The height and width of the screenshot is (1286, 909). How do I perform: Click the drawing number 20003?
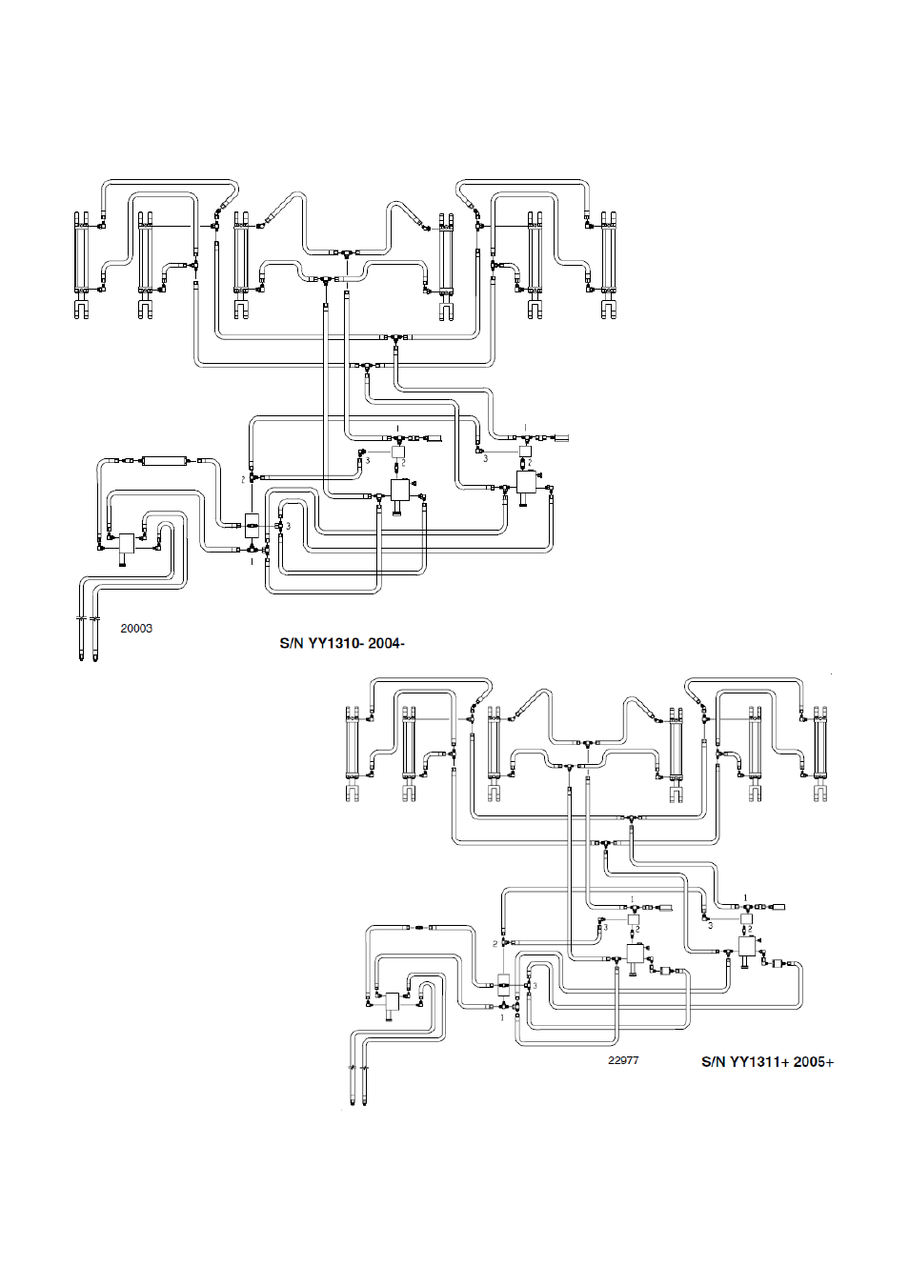(x=136, y=629)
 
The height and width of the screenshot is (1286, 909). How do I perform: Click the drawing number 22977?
(x=623, y=1060)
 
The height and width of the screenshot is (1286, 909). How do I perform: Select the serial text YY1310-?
(x=335, y=644)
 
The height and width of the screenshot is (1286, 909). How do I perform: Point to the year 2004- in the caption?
(x=386, y=644)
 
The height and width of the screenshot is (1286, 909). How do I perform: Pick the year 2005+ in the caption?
(x=814, y=1062)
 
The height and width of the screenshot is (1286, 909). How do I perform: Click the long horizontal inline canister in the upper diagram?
(x=165, y=460)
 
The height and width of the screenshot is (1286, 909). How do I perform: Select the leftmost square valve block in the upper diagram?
(x=127, y=542)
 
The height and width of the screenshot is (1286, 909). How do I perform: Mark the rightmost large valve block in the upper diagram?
(x=526, y=482)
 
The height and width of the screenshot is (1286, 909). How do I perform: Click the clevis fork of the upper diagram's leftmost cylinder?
(x=82, y=310)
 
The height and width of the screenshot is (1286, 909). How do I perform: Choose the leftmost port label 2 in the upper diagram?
(x=243, y=479)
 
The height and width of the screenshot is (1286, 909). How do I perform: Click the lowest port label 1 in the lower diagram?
(x=502, y=1017)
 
